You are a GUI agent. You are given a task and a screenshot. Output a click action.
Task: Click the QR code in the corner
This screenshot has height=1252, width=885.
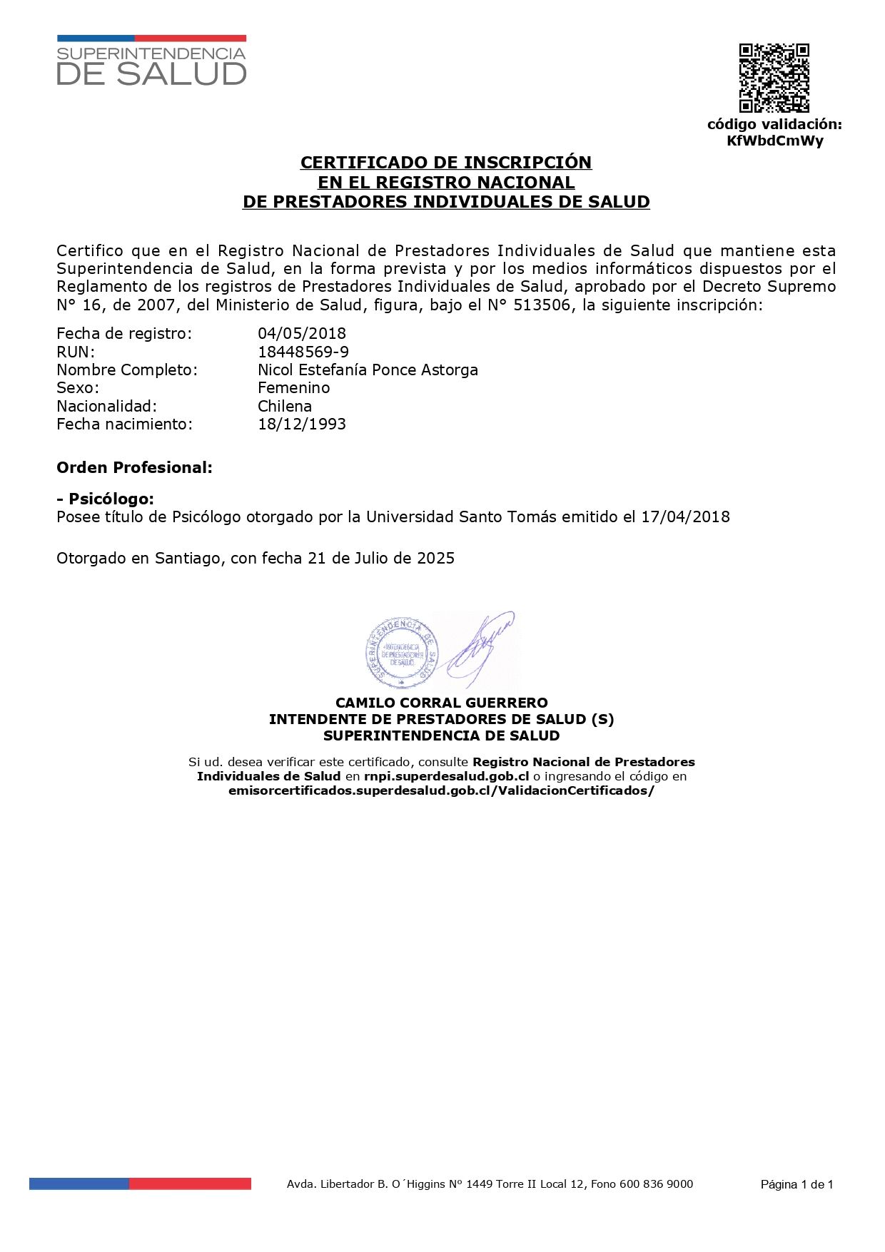point(774,78)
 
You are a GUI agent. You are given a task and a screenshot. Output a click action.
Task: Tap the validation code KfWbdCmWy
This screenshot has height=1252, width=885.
point(774,141)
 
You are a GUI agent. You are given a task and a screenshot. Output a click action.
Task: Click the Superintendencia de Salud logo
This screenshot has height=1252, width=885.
point(151,61)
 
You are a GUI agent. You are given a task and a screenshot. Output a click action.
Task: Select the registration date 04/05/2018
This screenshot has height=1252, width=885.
point(302,333)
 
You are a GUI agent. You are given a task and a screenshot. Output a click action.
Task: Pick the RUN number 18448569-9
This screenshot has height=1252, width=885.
point(303,352)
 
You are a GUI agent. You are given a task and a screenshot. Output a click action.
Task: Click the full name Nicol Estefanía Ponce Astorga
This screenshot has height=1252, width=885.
point(368,370)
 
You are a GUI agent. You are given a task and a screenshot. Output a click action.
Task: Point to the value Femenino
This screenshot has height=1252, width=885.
point(293,387)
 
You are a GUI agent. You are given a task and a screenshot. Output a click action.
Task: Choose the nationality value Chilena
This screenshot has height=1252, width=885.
point(285,406)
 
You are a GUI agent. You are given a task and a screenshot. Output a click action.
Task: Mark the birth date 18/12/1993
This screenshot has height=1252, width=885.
point(302,424)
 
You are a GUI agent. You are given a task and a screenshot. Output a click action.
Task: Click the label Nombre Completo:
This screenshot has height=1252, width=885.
point(127,370)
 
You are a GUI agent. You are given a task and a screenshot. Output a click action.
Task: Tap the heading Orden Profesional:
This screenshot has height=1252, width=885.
point(134,467)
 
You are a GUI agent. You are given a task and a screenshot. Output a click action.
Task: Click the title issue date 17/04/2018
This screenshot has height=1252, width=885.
point(685,516)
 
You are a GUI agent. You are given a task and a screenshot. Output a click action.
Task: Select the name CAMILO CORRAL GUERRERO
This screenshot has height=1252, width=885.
point(442,703)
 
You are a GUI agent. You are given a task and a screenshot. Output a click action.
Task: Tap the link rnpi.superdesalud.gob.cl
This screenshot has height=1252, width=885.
point(446,776)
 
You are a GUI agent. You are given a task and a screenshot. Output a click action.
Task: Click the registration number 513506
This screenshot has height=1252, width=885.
point(547,305)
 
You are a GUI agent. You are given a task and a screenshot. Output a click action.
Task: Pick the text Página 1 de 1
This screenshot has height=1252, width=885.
point(796,1185)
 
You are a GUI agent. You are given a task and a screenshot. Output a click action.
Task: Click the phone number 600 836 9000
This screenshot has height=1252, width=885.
point(656,1184)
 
